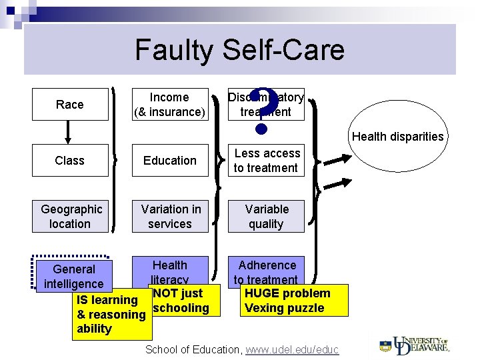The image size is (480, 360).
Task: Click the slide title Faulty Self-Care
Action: (239, 50)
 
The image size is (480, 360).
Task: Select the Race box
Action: (70, 105)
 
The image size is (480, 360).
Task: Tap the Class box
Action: (70, 161)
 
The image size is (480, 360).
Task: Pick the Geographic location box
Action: (70, 217)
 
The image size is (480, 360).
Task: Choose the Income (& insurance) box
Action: (169, 105)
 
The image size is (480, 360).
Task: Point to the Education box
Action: (169, 161)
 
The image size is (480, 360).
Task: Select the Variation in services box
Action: (169, 217)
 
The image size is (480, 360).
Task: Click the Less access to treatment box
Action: (266, 161)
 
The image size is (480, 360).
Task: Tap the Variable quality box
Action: (266, 217)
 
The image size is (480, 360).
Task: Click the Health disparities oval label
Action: (397, 137)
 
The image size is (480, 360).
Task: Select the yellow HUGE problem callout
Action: (294, 301)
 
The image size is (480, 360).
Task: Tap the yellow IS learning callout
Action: (110, 315)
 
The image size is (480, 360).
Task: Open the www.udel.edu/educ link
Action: (292, 350)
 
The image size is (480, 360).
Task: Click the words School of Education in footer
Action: (193, 350)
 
